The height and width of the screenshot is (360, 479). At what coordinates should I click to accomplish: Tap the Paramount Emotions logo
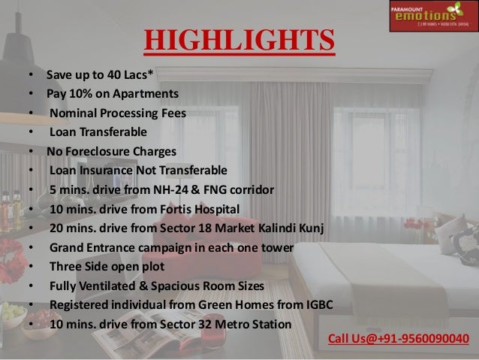tap(433, 16)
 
